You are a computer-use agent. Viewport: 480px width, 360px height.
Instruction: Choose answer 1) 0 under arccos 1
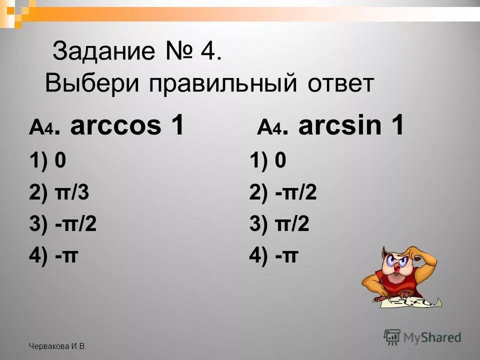[47, 161]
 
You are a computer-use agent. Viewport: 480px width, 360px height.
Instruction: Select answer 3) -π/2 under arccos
[63, 224]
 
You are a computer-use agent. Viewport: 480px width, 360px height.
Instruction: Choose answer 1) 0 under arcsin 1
[267, 161]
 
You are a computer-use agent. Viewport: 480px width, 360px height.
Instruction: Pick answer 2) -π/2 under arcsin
[283, 193]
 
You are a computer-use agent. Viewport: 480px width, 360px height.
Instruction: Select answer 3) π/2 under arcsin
[279, 224]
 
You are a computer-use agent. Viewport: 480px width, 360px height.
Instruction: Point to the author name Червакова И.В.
[57, 346]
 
